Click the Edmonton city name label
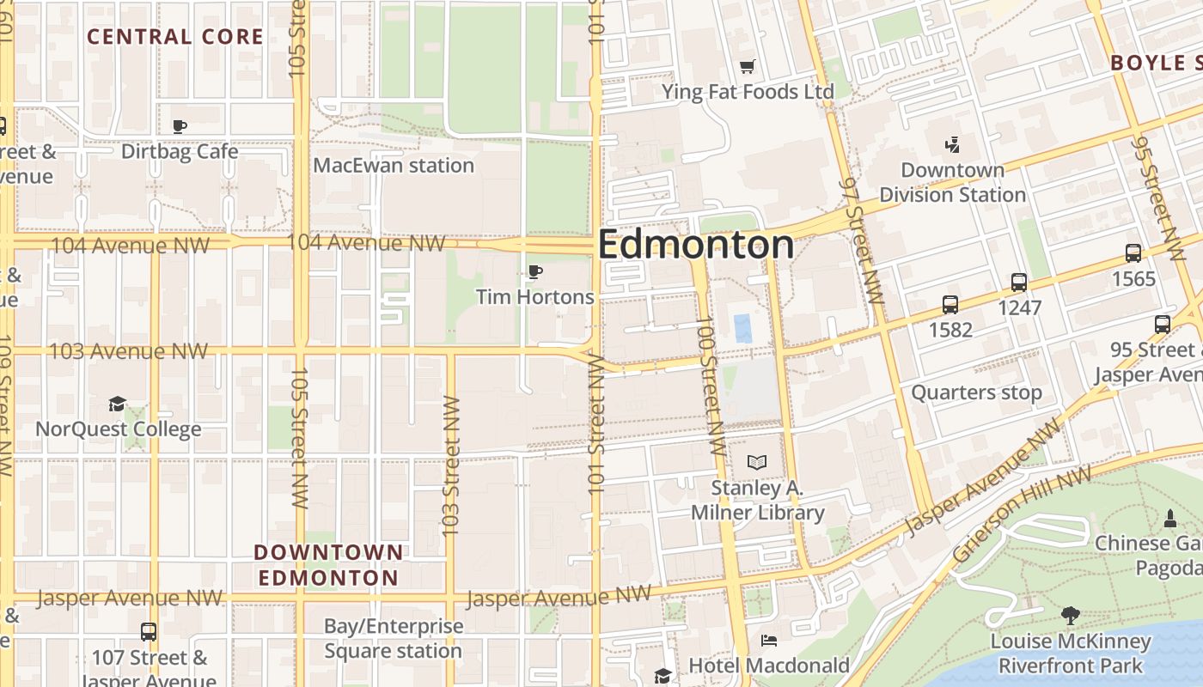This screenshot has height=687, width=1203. pyautogui.click(x=695, y=245)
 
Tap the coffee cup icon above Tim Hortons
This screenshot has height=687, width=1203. pyautogui.click(x=535, y=272)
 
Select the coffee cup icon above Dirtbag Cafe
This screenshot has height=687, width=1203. pyautogui.click(x=180, y=126)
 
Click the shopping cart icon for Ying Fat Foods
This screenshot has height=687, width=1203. pyautogui.click(x=748, y=66)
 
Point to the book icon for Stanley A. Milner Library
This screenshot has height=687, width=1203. pyautogui.click(x=756, y=463)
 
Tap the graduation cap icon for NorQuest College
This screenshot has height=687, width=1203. pyautogui.click(x=118, y=404)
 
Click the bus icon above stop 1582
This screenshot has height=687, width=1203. pyautogui.click(x=950, y=304)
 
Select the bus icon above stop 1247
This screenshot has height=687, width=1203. pyautogui.click(x=1019, y=282)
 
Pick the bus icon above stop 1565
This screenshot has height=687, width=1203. pyautogui.click(x=1133, y=253)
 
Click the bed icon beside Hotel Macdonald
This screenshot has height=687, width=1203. pyautogui.click(x=769, y=641)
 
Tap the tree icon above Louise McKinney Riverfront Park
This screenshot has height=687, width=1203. pyautogui.click(x=1070, y=615)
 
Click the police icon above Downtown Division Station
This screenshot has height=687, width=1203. pyautogui.click(x=952, y=144)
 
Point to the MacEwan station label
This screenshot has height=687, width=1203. pyautogui.click(x=394, y=165)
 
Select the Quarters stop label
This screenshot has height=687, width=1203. pyautogui.click(x=976, y=392)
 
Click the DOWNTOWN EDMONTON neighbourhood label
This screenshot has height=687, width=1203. pyautogui.click(x=329, y=564)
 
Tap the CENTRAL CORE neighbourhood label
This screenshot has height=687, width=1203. pyautogui.click(x=175, y=36)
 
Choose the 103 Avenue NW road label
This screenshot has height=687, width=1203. pyautogui.click(x=128, y=351)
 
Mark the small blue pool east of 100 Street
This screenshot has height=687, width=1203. pyautogui.click(x=742, y=329)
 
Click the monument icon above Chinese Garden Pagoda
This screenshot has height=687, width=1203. pyautogui.click(x=1169, y=519)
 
